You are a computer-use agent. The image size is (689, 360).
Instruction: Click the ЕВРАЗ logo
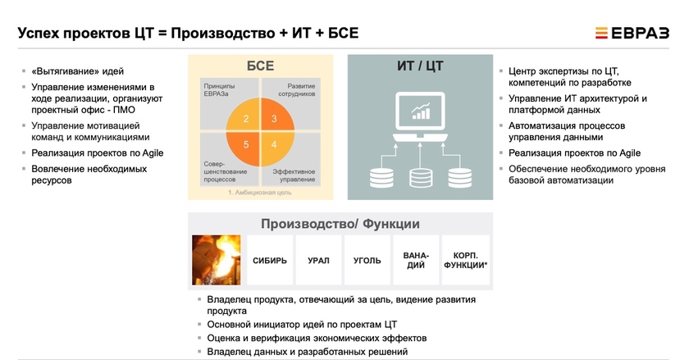point(632,33)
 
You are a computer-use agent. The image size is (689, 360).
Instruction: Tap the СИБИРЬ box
point(270,260)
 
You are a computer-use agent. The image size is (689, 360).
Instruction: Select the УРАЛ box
point(318,260)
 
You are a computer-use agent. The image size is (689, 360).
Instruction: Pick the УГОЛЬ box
point(367,260)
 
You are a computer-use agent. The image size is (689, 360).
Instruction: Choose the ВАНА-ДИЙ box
point(416,260)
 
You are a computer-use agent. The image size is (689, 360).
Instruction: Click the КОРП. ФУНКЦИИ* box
point(465,260)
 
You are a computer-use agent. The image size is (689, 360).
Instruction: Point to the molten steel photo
point(217,260)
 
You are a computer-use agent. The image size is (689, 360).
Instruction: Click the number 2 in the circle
point(246,119)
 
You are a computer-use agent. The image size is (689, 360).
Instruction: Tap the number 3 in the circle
point(274,119)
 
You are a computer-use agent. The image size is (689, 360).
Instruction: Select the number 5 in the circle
point(246,144)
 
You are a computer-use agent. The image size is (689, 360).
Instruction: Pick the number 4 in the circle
point(274,144)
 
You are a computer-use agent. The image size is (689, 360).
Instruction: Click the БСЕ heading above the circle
point(261,66)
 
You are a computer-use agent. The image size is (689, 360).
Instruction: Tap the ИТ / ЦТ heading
point(420,66)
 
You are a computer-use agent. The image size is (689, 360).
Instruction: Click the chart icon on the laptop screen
point(421,112)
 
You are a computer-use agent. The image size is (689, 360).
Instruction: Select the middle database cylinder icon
point(421,178)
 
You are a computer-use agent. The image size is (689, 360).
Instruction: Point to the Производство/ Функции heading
point(340,224)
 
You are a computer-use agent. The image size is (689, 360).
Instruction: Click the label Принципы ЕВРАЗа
point(219,89)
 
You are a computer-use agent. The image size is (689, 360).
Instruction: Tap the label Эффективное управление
point(294,175)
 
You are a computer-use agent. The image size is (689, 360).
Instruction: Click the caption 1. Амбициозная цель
point(260,193)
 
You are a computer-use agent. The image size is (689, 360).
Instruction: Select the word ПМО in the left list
point(124,110)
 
